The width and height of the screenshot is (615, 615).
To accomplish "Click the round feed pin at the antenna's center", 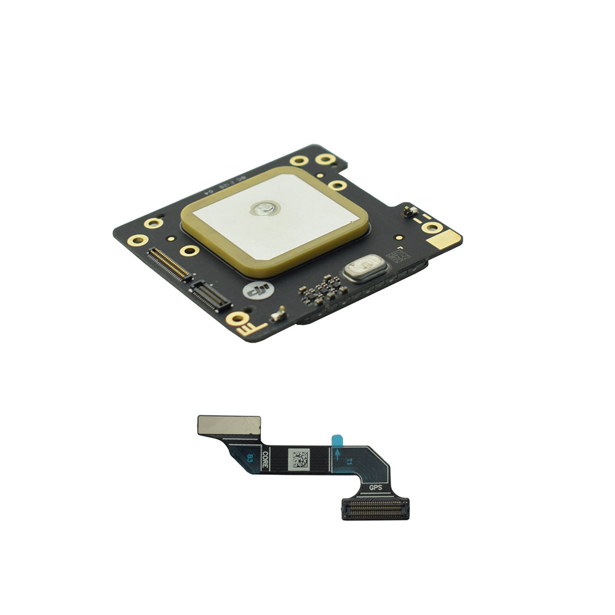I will [263, 209].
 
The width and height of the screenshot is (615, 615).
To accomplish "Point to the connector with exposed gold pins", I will [170, 263].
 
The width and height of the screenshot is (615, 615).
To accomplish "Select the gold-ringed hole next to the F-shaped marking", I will [236, 318].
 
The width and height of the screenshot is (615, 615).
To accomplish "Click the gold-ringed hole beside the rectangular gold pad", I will [432, 228].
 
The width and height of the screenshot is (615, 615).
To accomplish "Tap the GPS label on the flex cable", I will [375, 488].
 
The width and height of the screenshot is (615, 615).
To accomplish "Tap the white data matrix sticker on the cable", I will [299, 459].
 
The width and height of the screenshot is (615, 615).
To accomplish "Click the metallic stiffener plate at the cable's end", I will [229, 424].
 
